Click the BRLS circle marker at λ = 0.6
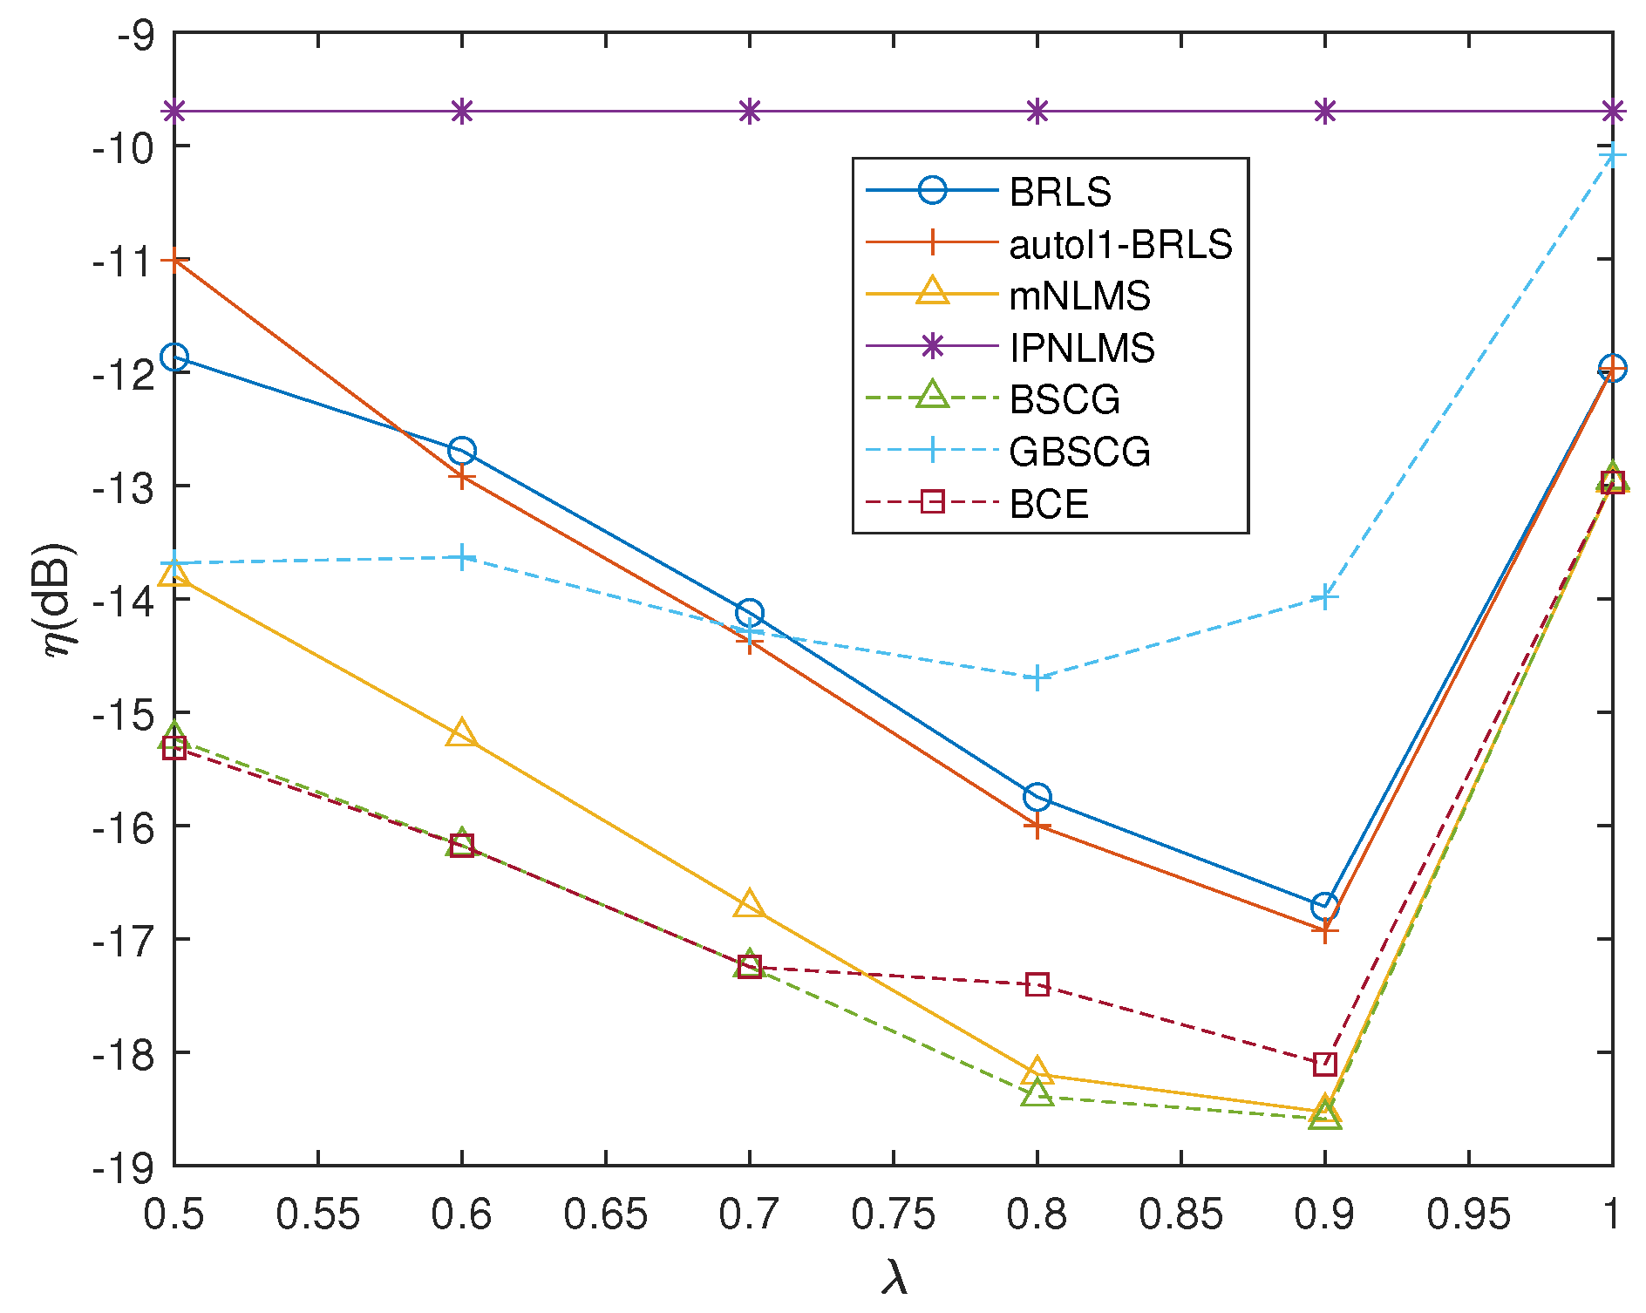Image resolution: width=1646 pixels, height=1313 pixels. [x=461, y=451]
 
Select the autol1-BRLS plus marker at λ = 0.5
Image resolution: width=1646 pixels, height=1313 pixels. [x=174, y=260]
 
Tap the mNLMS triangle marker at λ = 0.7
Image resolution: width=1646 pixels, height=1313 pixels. [x=749, y=905]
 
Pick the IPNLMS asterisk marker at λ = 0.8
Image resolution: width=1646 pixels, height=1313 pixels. [x=1037, y=112]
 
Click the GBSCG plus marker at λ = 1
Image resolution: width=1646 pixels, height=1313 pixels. [x=1612, y=156]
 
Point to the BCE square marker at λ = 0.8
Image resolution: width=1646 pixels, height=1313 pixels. [x=1037, y=985]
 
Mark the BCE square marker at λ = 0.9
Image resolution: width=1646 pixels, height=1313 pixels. [x=1324, y=1064]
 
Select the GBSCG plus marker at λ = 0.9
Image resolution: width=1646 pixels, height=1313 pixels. [x=1324, y=597]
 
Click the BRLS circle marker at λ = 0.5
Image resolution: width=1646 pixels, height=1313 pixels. [x=174, y=357]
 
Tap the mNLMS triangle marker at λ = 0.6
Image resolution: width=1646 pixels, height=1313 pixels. [x=461, y=734]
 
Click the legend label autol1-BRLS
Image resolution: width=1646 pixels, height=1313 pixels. [x=1120, y=245]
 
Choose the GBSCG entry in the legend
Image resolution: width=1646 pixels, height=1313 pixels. [x=1079, y=452]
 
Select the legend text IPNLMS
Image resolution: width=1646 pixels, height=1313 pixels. [x=1082, y=348]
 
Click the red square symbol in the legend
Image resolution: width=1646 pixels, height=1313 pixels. [x=932, y=502]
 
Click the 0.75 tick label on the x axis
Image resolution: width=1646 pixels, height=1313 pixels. [x=893, y=1214]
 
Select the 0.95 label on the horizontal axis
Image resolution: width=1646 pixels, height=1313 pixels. [x=1468, y=1214]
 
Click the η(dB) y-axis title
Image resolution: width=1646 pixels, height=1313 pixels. [x=60, y=601]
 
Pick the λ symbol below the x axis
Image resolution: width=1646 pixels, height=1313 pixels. [x=894, y=1277]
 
